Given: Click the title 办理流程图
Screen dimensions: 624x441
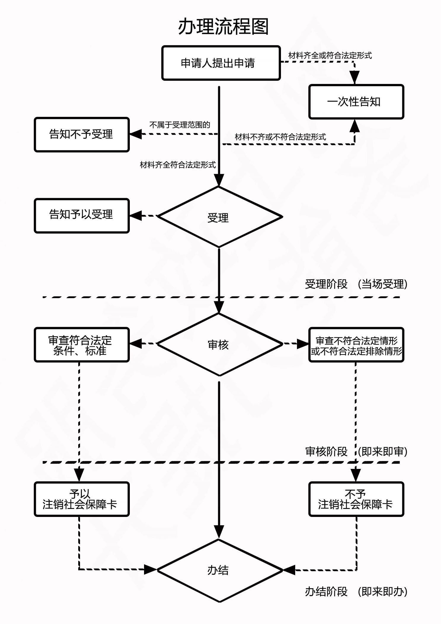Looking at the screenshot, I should [x=223, y=27].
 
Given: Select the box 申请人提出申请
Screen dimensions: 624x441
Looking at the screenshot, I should [x=221, y=63].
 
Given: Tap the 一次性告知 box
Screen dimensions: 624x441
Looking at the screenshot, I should [x=356, y=102].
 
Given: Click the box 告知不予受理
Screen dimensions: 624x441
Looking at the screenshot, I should [x=82, y=134].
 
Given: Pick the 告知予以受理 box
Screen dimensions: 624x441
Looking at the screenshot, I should [x=82, y=216].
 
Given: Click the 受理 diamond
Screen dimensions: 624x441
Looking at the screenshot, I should [x=219, y=217].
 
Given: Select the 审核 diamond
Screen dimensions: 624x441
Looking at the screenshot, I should [x=219, y=344].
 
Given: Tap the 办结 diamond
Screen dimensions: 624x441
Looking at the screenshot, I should [x=219, y=570].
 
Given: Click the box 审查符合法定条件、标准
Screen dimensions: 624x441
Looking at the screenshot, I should [x=82, y=345].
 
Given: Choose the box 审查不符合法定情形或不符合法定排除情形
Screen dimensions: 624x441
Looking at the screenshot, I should [x=356, y=345].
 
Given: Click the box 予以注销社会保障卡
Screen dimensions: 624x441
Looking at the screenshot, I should [x=82, y=499].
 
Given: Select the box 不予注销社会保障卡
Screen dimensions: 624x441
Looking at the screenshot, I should [x=356, y=499].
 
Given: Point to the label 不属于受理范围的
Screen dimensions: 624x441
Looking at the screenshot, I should [x=180, y=125].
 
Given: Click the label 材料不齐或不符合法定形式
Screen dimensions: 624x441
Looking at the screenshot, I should [x=280, y=137].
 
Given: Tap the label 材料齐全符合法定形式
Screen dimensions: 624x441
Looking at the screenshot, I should [x=178, y=165].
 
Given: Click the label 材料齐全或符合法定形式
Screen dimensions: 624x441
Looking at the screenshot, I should [x=330, y=55].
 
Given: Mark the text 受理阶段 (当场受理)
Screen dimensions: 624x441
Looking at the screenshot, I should [x=356, y=284].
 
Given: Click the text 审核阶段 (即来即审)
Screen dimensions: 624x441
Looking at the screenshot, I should [x=356, y=452].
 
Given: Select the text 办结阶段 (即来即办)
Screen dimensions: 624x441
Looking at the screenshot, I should [x=356, y=592].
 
